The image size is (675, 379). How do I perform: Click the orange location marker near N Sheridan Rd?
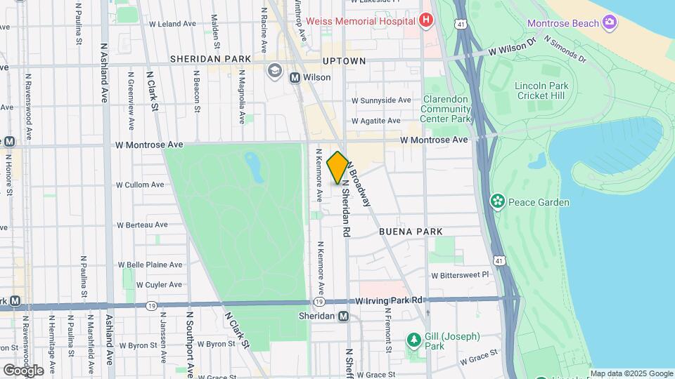(x=337, y=168)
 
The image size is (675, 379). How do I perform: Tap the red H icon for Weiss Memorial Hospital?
(x=425, y=21)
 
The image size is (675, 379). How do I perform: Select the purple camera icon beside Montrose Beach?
(x=609, y=23)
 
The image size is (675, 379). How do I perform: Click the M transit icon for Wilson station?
(x=295, y=77)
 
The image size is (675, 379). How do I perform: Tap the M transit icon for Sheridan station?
(x=344, y=316)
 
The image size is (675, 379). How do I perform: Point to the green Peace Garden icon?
(x=498, y=202)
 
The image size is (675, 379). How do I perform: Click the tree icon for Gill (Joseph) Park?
(x=414, y=340)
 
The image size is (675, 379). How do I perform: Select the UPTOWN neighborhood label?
(x=345, y=61)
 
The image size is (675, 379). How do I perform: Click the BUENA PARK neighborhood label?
(x=411, y=231)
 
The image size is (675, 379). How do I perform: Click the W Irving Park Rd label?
(x=389, y=300)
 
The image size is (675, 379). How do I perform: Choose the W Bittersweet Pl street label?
(x=459, y=275)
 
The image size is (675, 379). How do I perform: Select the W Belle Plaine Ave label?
(x=150, y=265)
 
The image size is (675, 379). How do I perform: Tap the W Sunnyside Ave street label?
(x=381, y=100)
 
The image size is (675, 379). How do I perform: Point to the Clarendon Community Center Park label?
(x=446, y=109)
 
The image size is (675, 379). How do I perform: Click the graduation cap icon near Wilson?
(x=274, y=70)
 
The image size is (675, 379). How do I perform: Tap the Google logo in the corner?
(x=22, y=370)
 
